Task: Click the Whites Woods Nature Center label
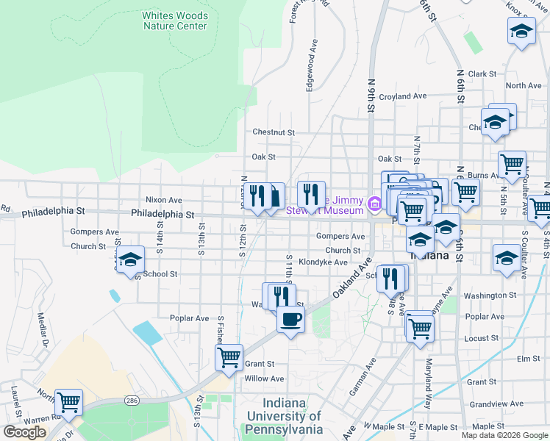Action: [x=175, y=21]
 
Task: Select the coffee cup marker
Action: [x=290, y=320]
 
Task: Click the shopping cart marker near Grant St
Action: [x=229, y=357]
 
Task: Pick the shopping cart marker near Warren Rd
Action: [x=68, y=402]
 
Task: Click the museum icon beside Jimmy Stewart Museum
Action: [x=374, y=202]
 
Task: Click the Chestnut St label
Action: [x=273, y=132]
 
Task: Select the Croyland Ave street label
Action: [x=403, y=96]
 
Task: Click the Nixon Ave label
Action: [x=163, y=199]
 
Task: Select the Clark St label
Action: [x=482, y=74]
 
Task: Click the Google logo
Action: [x=25, y=432]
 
